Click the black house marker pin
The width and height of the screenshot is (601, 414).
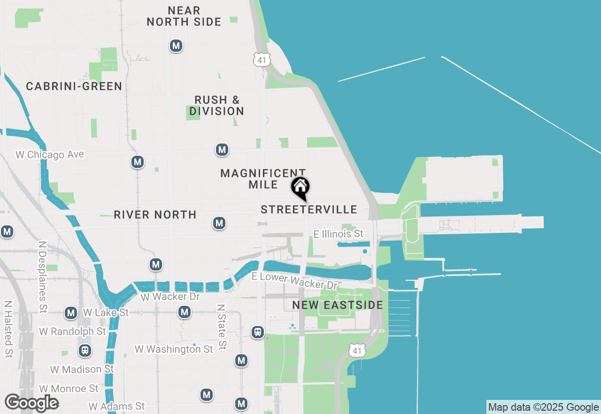point(300,188)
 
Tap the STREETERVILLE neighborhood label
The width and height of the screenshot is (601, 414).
point(309,210)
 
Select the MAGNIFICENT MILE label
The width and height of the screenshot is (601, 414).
point(263,179)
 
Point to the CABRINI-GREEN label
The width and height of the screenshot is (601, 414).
point(74,87)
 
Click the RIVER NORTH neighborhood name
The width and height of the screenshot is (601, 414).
point(155,215)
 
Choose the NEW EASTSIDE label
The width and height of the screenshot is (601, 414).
point(338,305)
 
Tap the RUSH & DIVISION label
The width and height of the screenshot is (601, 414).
point(217,106)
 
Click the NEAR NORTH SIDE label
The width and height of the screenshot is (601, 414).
point(184,16)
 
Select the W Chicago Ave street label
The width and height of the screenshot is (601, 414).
point(50,155)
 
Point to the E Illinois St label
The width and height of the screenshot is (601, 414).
point(339,234)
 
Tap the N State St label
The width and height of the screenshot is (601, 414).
point(221,326)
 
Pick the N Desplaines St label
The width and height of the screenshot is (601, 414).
point(43,278)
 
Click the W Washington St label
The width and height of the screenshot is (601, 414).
point(174,349)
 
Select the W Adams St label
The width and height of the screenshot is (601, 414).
point(117,406)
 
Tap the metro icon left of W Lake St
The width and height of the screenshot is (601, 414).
point(71,313)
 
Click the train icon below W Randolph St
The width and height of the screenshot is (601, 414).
point(85,350)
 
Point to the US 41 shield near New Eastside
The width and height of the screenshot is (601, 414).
point(357,350)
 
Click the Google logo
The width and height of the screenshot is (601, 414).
point(31,403)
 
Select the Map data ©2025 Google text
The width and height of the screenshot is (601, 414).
point(544,407)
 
